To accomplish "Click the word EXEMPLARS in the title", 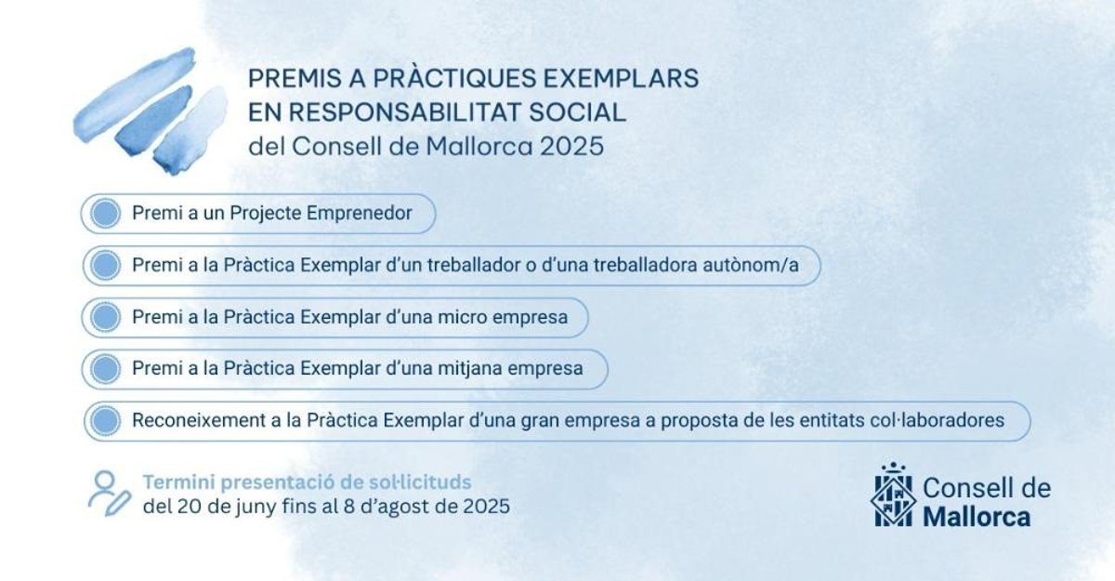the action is click(x=621, y=78).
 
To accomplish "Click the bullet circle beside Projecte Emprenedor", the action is click(x=106, y=213).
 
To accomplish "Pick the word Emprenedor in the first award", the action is click(x=359, y=213).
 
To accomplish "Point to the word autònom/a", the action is click(x=751, y=265).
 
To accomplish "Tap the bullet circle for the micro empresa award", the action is click(x=106, y=317).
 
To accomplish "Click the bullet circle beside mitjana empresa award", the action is click(x=106, y=369).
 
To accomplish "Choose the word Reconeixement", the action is click(x=199, y=421).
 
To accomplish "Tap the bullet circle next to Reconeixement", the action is click(x=106, y=421).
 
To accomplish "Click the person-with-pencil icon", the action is click(x=110, y=494).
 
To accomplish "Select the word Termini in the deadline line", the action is click(x=178, y=482).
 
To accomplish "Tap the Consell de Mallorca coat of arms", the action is click(x=894, y=495).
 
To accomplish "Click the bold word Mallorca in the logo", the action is click(x=977, y=517).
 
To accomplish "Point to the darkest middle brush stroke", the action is click(x=153, y=121).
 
